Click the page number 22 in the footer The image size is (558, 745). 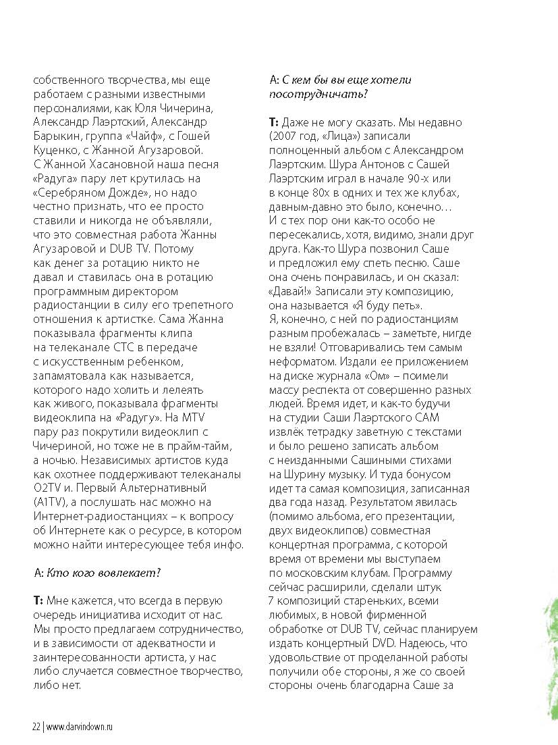36,727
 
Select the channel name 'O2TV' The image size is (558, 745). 47,488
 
